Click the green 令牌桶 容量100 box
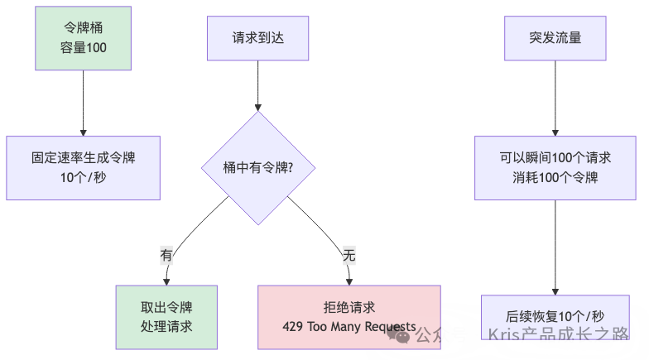(x=84, y=38)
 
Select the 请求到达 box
(x=258, y=38)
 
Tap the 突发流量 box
(x=555, y=38)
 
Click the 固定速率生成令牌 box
(x=84, y=168)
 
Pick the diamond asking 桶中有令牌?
(x=258, y=168)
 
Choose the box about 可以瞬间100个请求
(x=555, y=168)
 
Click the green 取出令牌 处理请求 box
(x=166, y=318)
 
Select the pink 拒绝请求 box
(x=349, y=318)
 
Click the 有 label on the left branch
(x=166, y=256)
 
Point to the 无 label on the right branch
(x=349, y=256)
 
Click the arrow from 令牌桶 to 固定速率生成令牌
(x=84, y=103)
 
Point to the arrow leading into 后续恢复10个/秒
(x=555, y=248)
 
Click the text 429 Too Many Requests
(x=349, y=327)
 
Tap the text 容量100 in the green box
(x=84, y=48)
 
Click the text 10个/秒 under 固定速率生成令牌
(x=84, y=177)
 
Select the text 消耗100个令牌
(x=555, y=177)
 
